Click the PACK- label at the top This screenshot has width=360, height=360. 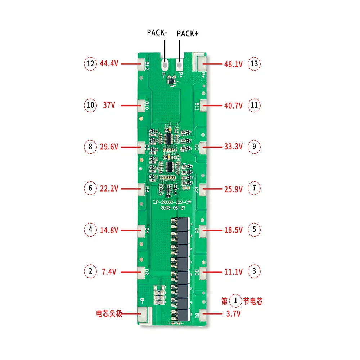(x=157, y=32)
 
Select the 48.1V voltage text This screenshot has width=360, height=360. (x=233, y=64)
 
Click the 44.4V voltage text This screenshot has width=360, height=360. (x=109, y=64)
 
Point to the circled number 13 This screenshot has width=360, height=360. (x=255, y=64)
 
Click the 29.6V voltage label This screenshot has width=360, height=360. (x=109, y=147)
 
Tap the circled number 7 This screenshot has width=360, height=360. (x=255, y=188)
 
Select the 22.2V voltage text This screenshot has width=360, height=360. (x=109, y=188)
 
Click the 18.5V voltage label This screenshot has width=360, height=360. (x=233, y=229)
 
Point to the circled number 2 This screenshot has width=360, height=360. (x=90, y=271)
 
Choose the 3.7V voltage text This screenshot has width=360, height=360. (x=233, y=314)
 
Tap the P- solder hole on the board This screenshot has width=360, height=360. (x=165, y=66)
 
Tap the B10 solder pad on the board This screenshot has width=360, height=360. (x=143, y=105)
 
